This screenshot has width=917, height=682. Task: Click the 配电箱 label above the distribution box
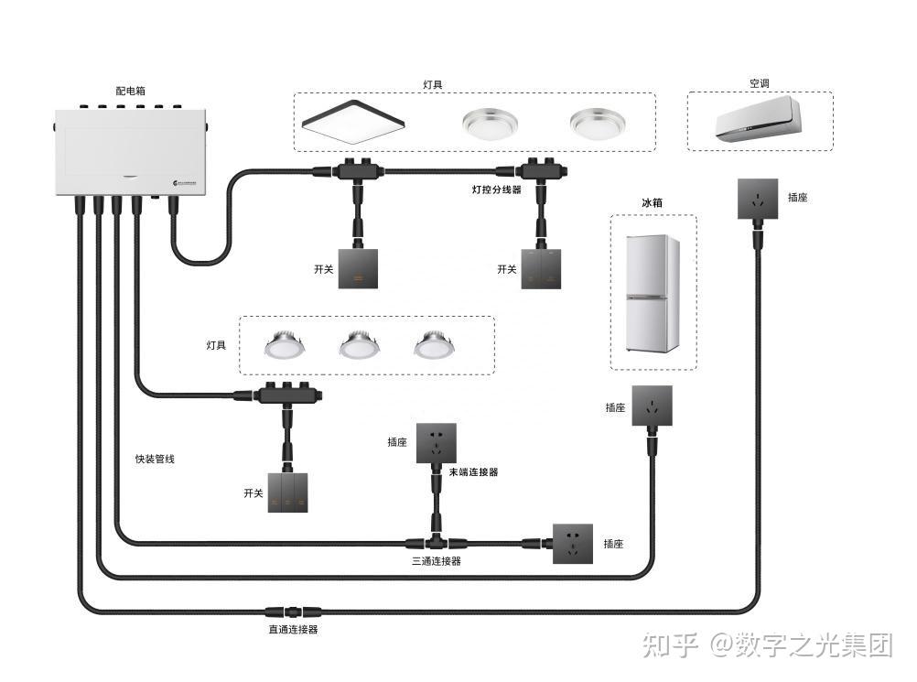point(130,92)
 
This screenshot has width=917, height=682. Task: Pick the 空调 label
point(759,83)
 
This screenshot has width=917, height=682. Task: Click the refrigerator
point(652,294)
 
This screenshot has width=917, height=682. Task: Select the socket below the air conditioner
point(758,199)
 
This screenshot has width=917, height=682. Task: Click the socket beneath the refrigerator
point(652,406)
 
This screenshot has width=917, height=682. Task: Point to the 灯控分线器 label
point(496,190)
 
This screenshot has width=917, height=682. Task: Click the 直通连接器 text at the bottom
point(293,630)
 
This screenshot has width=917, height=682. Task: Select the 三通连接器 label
point(436,561)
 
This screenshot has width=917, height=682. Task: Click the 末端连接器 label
point(473,472)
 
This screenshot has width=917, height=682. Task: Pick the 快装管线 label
point(154,459)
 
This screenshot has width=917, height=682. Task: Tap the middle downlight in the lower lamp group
point(358,345)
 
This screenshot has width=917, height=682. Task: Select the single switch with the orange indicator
point(357,268)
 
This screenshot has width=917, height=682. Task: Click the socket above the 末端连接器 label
point(436,443)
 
